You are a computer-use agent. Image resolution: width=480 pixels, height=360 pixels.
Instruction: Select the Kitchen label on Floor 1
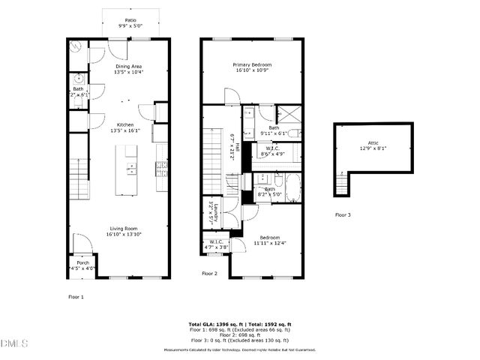click(x=124, y=125)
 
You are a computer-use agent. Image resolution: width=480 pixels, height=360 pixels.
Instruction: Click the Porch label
click(x=82, y=263)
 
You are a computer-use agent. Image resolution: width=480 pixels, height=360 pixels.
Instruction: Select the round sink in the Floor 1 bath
click(x=78, y=79)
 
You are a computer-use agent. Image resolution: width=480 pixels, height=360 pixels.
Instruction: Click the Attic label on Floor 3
click(x=373, y=142)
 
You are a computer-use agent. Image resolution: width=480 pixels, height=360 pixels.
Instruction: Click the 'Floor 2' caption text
click(x=209, y=274)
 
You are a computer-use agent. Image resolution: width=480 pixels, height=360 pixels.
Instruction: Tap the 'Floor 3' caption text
click(x=342, y=215)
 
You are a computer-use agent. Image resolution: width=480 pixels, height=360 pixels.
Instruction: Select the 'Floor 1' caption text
click(x=76, y=297)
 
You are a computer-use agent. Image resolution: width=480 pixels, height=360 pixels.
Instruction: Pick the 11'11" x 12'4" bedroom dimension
click(x=268, y=242)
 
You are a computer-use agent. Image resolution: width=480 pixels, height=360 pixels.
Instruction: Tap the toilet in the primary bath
click(x=294, y=133)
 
